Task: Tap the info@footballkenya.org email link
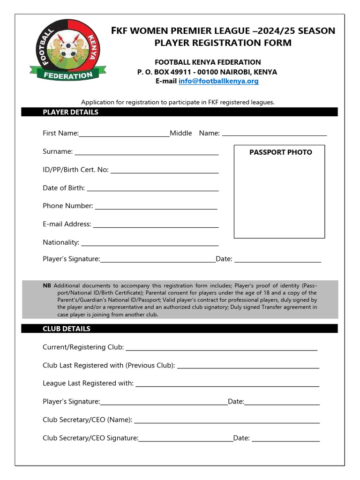coord(218,81)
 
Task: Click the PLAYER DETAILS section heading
coord(71,112)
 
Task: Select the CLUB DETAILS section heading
coord(67,329)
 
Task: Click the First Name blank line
coord(124,136)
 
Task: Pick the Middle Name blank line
coord(274,135)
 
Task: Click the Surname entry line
coord(146,154)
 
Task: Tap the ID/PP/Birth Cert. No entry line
coord(165,172)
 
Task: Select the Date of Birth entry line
coord(153,191)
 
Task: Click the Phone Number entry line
coord(156,209)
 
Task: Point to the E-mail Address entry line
coord(156,227)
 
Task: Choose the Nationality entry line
coord(150,246)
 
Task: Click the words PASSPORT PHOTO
coord(280,152)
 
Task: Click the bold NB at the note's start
coord(47,285)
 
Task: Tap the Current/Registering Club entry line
coord(221,350)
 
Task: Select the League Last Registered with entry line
coord(227,386)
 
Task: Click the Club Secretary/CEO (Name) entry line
coord(227,423)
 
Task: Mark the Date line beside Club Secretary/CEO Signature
coord(285,441)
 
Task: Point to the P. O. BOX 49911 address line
coord(207,72)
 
